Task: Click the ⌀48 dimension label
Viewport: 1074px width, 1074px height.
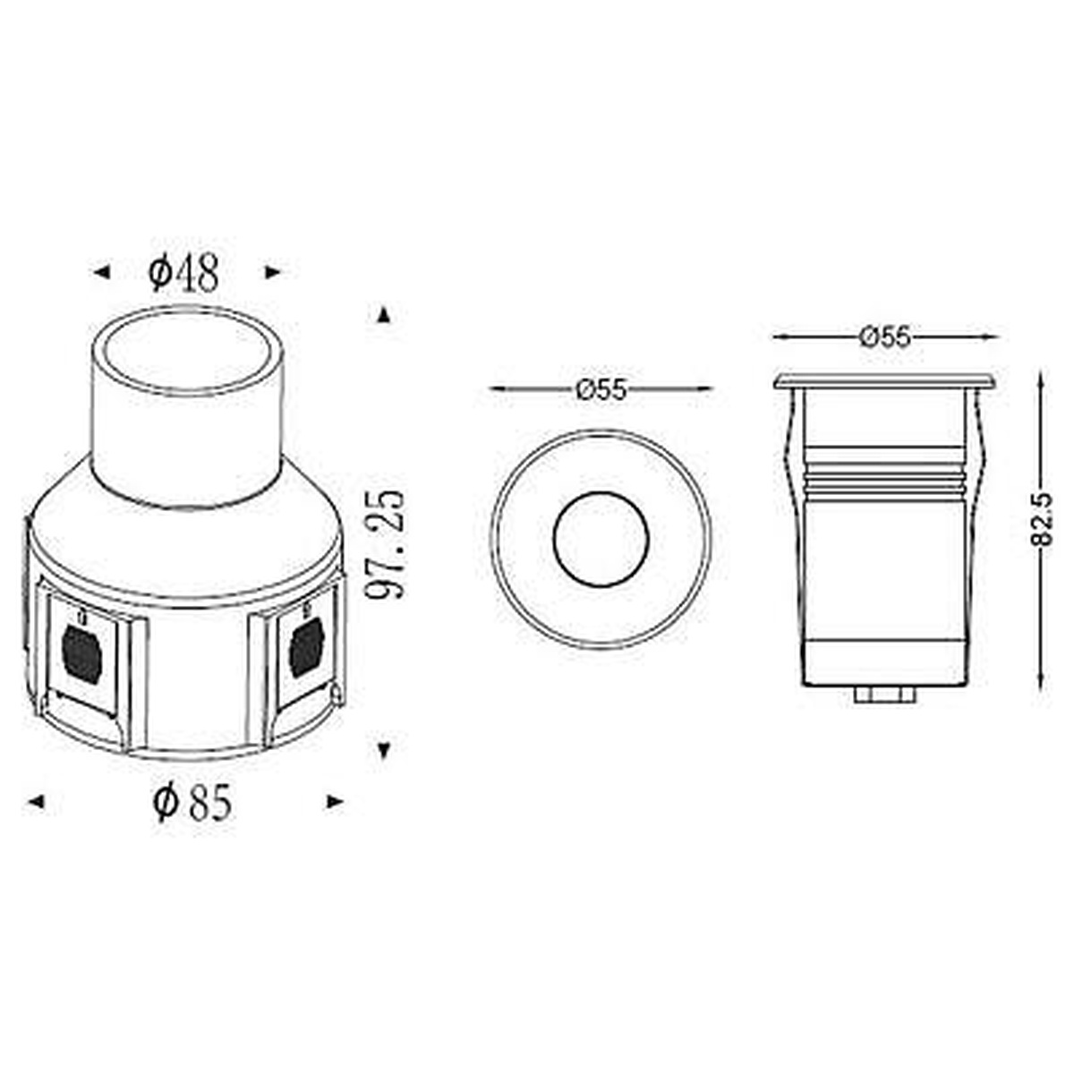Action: [183, 274]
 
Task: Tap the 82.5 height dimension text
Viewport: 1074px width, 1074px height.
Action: [1044, 519]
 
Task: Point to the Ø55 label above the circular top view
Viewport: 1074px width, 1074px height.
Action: [601, 389]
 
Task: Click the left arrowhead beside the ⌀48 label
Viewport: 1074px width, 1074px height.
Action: [101, 273]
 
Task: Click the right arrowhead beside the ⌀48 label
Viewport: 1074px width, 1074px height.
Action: [272, 273]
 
